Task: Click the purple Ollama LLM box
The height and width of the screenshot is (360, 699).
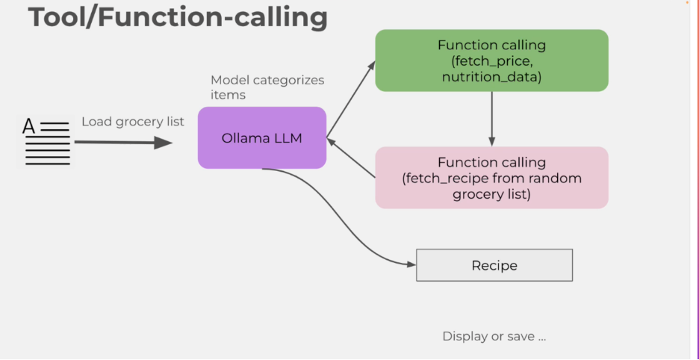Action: [262, 138]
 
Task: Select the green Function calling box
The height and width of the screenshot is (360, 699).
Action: [491, 60]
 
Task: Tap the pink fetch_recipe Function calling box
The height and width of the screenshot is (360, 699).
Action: [491, 178]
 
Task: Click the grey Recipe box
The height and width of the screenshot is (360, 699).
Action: [494, 265]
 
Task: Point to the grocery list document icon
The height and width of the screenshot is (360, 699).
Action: [46, 142]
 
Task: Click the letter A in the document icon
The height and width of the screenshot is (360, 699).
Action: [28, 127]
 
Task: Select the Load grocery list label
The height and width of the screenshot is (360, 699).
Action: [133, 121]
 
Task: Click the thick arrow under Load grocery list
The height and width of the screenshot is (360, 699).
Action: [123, 143]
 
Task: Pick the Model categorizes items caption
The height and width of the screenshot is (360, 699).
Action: [267, 87]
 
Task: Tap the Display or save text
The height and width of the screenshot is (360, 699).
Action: [494, 336]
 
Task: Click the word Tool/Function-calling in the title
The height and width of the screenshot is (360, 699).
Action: [178, 18]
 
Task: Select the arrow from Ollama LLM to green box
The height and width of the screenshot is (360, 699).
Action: [351, 99]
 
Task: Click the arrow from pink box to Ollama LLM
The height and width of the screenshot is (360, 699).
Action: [351, 158]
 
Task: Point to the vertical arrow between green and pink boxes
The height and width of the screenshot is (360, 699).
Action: [491, 119]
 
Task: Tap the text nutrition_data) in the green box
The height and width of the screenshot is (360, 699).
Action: [491, 77]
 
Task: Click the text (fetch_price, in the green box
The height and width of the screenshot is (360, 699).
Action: [491, 60]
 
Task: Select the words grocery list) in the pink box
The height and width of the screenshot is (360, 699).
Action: [491, 194]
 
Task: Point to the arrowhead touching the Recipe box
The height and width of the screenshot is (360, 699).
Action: [411, 264]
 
